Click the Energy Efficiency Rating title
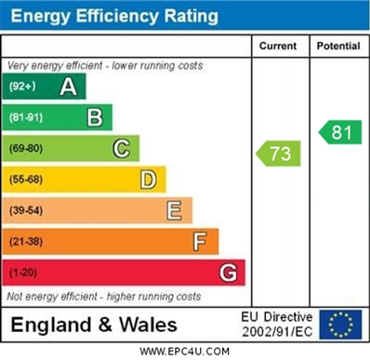(114, 16)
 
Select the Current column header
(278, 46)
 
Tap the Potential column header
(337, 46)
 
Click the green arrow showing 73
(279, 153)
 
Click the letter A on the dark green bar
(68, 87)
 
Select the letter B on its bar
(94, 117)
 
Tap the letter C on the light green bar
(121, 148)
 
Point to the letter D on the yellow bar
(148, 180)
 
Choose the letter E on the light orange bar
(174, 210)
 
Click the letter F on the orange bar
(200, 242)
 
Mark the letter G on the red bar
(227, 273)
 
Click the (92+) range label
(22, 87)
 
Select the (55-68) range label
(27, 180)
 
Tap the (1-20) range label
(24, 273)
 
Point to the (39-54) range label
(27, 211)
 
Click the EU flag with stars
(340, 324)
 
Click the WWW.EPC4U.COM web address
(185, 352)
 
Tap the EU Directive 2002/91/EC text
(277, 324)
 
